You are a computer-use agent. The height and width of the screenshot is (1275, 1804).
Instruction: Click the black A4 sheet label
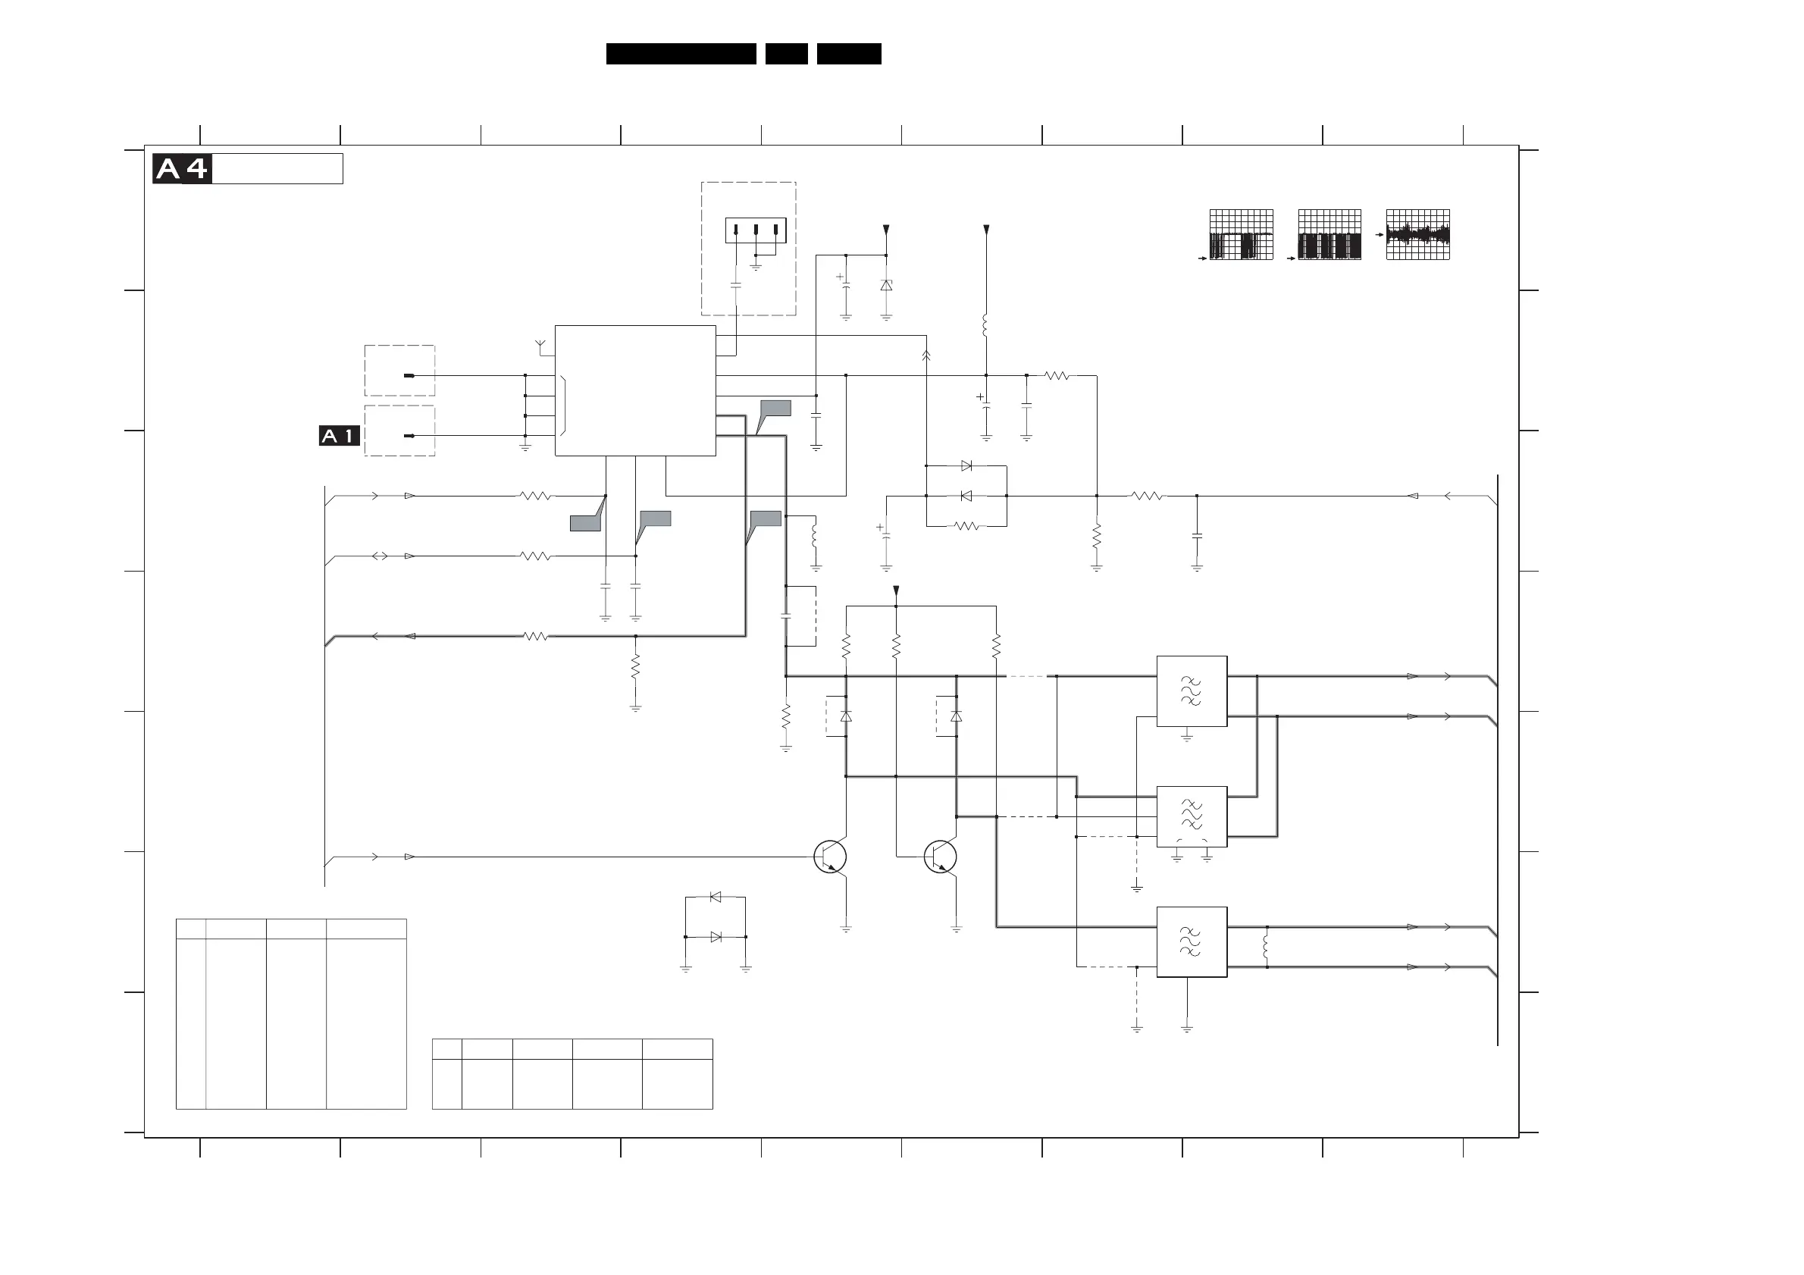[x=182, y=169]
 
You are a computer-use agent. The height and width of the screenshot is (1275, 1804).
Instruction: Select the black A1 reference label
[x=340, y=436]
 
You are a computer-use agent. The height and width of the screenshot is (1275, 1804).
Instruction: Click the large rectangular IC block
[x=635, y=390]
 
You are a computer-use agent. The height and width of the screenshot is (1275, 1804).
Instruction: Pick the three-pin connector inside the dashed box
[x=755, y=230]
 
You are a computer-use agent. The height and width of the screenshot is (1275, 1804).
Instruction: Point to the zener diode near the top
[x=886, y=286]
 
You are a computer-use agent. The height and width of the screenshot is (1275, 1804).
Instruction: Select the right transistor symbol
[x=941, y=857]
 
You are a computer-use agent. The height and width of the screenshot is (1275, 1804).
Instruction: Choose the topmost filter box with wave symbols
[x=1191, y=691]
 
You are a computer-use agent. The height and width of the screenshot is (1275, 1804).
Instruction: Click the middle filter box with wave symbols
[x=1191, y=816]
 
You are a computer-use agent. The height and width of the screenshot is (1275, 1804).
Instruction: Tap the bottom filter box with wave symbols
[x=1191, y=942]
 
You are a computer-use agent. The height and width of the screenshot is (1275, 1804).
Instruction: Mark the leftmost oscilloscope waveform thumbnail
[x=1242, y=234]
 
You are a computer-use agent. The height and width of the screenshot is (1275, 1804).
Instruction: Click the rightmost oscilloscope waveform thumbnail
[x=1417, y=234]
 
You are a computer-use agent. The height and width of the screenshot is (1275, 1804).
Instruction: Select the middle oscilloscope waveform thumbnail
[x=1330, y=234]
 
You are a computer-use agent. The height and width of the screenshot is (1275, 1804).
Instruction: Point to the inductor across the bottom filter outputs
[x=1266, y=947]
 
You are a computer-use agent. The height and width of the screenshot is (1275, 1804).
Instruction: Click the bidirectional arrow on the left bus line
[x=380, y=556]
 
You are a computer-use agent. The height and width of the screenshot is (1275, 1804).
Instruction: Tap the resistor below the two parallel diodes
[x=967, y=526]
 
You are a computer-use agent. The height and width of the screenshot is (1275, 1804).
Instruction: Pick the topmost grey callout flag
[x=775, y=409]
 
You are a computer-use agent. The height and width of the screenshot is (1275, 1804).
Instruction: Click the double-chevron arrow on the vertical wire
[x=926, y=356]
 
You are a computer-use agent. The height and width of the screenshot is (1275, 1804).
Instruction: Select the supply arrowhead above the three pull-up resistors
[x=896, y=591]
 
